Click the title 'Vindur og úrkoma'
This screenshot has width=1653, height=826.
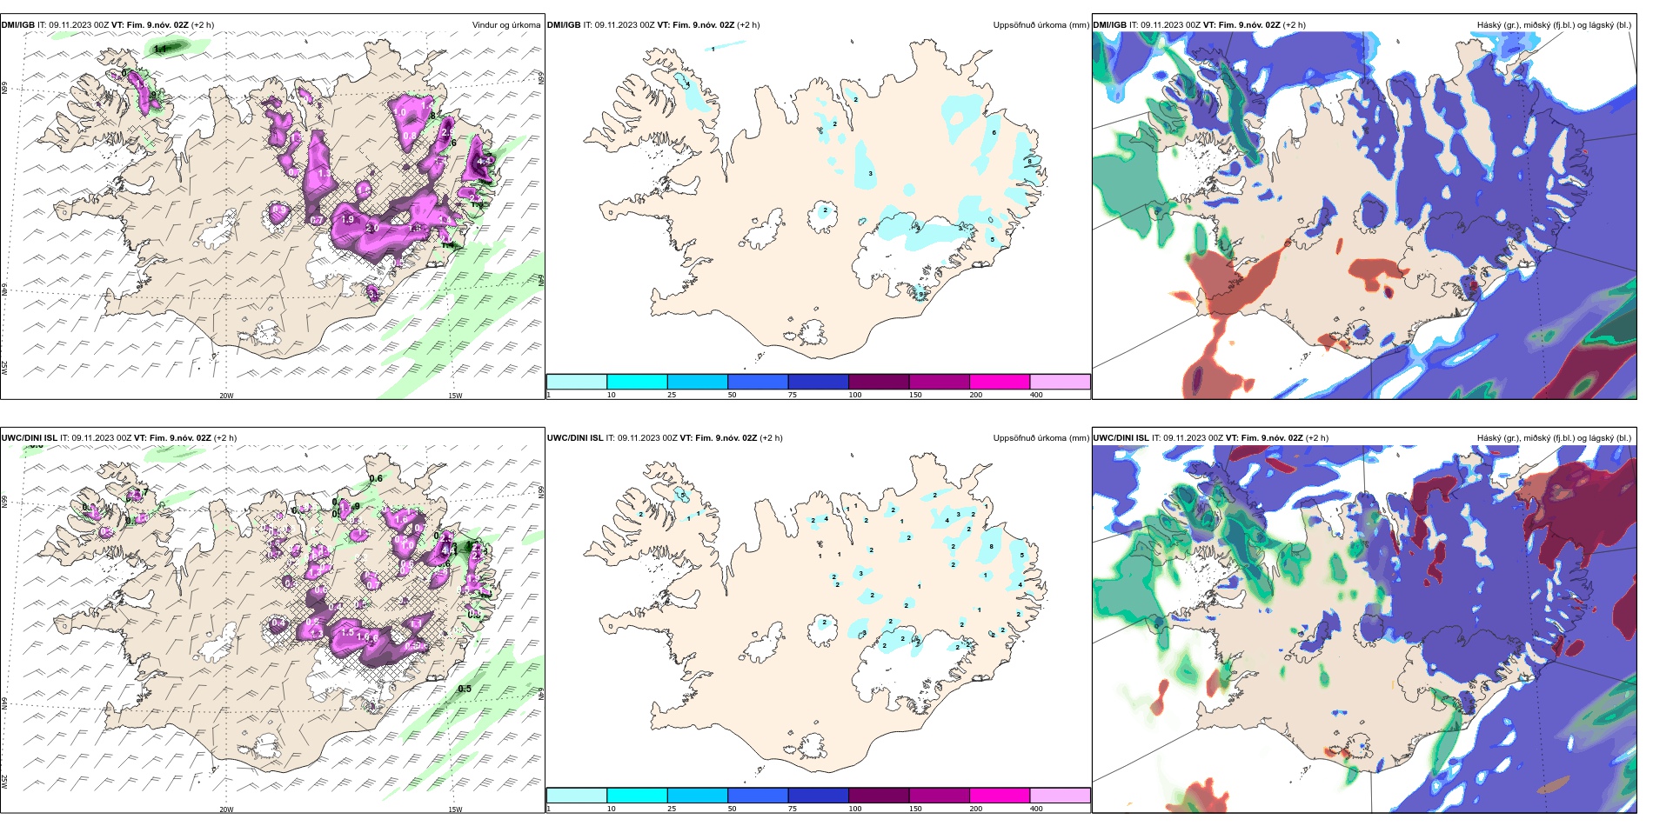[x=505, y=25]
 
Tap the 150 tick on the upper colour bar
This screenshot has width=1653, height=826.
[x=914, y=395]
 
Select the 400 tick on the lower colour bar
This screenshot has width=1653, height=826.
[x=1036, y=809]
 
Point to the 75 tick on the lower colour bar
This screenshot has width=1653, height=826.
[x=793, y=809]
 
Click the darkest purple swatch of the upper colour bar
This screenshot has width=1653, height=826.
[x=879, y=382]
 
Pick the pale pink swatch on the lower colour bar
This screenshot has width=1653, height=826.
[x=1060, y=796]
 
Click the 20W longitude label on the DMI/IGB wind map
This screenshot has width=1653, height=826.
[x=226, y=396]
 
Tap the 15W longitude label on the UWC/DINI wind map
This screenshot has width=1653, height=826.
[x=455, y=809]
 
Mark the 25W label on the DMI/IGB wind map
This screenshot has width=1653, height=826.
[x=4, y=367]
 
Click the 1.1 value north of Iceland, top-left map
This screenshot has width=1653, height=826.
[x=160, y=50]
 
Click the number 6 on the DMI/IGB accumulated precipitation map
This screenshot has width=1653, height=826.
[x=994, y=133]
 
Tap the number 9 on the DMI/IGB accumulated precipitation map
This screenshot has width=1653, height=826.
[x=921, y=295]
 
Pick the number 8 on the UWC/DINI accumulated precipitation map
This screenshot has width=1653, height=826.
[x=992, y=547]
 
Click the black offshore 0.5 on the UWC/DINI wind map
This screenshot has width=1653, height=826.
[x=465, y=689]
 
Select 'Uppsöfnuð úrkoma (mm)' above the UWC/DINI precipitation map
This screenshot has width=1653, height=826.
[x=1041, y=438]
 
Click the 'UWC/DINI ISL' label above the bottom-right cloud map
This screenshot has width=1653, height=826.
[x=1121, y=438]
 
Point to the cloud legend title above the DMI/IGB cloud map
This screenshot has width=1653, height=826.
[x=1553, y=25]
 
